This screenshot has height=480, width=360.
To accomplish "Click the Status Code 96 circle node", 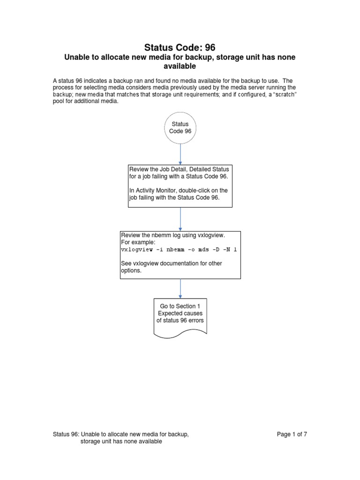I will pos(180,128).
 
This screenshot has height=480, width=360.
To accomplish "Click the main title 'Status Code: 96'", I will pos(180,47).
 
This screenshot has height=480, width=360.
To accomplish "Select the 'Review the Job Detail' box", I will pos(180,186).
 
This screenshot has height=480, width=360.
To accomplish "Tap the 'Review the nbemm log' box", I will pos(180,255).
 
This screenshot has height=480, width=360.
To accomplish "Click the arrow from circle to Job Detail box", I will pos(180,154).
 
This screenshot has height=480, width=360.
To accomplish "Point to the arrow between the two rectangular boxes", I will pos(180,219).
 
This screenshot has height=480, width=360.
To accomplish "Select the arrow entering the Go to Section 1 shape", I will pos(180,288).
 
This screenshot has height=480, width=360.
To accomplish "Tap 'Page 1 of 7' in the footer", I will pos(292,435).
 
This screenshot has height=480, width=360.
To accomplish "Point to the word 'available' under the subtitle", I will pos(180,67).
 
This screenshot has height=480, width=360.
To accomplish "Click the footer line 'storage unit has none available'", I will pos(121,442).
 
